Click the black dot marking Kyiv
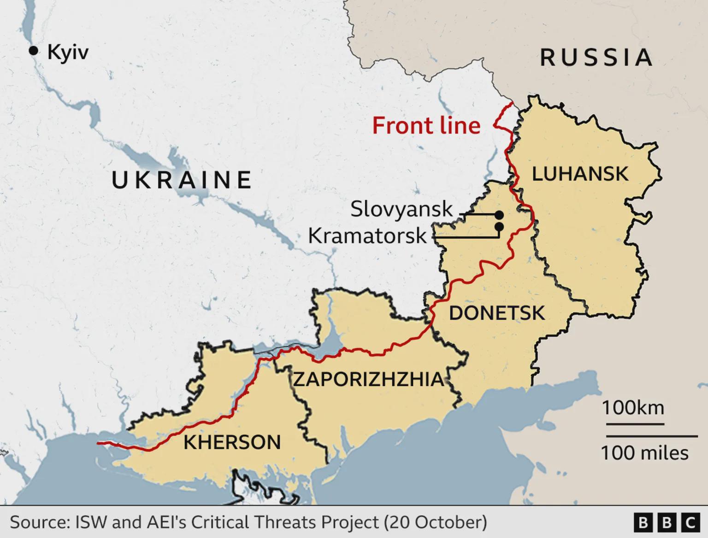(33, 51)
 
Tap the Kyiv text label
(68, 53)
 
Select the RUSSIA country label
(596, 58)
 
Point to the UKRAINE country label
(182, 180)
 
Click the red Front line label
(426, 126)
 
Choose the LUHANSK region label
(580, 174)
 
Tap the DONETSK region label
(496, 313)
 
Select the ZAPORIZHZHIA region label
(369, 380)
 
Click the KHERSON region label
(232, 442)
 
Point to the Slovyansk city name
(401, 209)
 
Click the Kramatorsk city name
(367, 236)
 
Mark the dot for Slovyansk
(499, 215)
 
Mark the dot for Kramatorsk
(499, 227)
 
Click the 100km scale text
(633, 408)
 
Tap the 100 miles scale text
(644, 453)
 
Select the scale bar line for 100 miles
(651, 436)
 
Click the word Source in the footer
(39, 522)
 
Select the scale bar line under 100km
(633, 424)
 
